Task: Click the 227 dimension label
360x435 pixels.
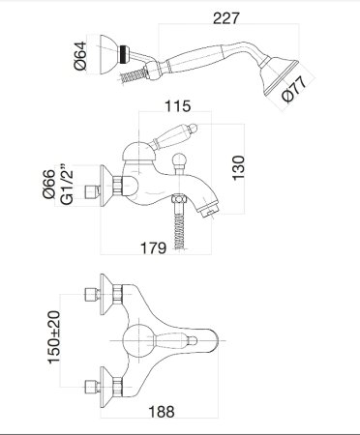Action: [226, 18]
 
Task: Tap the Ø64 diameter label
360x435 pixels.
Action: [80, 55]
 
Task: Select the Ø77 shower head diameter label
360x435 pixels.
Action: [294, 89]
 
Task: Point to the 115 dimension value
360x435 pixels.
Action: [178, 106]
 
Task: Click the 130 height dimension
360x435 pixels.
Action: [238, 168]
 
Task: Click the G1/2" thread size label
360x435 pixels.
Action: [67, 185]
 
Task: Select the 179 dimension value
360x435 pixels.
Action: [154, 247]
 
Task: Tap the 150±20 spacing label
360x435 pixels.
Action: [54, 337]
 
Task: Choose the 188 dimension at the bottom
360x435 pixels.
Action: [162, 412]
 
